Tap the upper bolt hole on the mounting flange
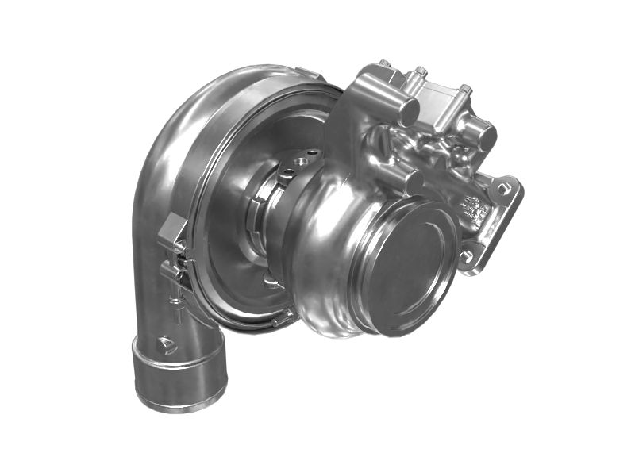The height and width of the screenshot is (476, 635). (502, 188)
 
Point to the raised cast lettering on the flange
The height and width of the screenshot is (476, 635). (475, 210)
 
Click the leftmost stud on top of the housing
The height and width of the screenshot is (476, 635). (384, 63)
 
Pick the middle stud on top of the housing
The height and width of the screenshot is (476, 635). (420, 72)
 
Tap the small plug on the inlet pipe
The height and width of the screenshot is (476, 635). (167, 344)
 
